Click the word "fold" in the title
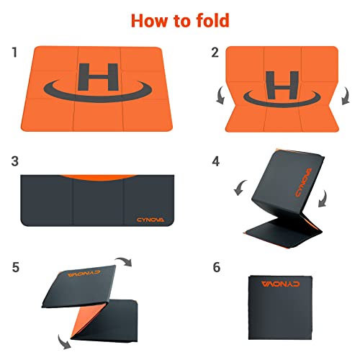click(x=212, y=20)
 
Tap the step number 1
click(x=15, y=53)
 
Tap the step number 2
click(x=215, y=53)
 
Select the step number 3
click(x=15, y=161)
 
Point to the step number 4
click(x=216, y=161)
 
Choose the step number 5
click(x=16, y=267)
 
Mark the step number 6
click(x=217, y=267)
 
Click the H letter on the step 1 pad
click(x=98, y=77)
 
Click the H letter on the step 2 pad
click(x=282, y=85)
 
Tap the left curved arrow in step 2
click(x=220, y=96)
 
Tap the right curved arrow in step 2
click(x=346, y=96)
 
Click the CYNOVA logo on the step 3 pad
click(x=150, y=220)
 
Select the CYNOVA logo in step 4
click(x=304, y=182)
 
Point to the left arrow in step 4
click(x=240, y=188)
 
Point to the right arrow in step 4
click(x=323, y=199)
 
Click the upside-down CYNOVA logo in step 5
click(x=84, y=274)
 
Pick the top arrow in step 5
click(x=123, y=261)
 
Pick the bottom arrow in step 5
click(x=64, y=341)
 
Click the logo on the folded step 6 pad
click(x=281, y=284)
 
